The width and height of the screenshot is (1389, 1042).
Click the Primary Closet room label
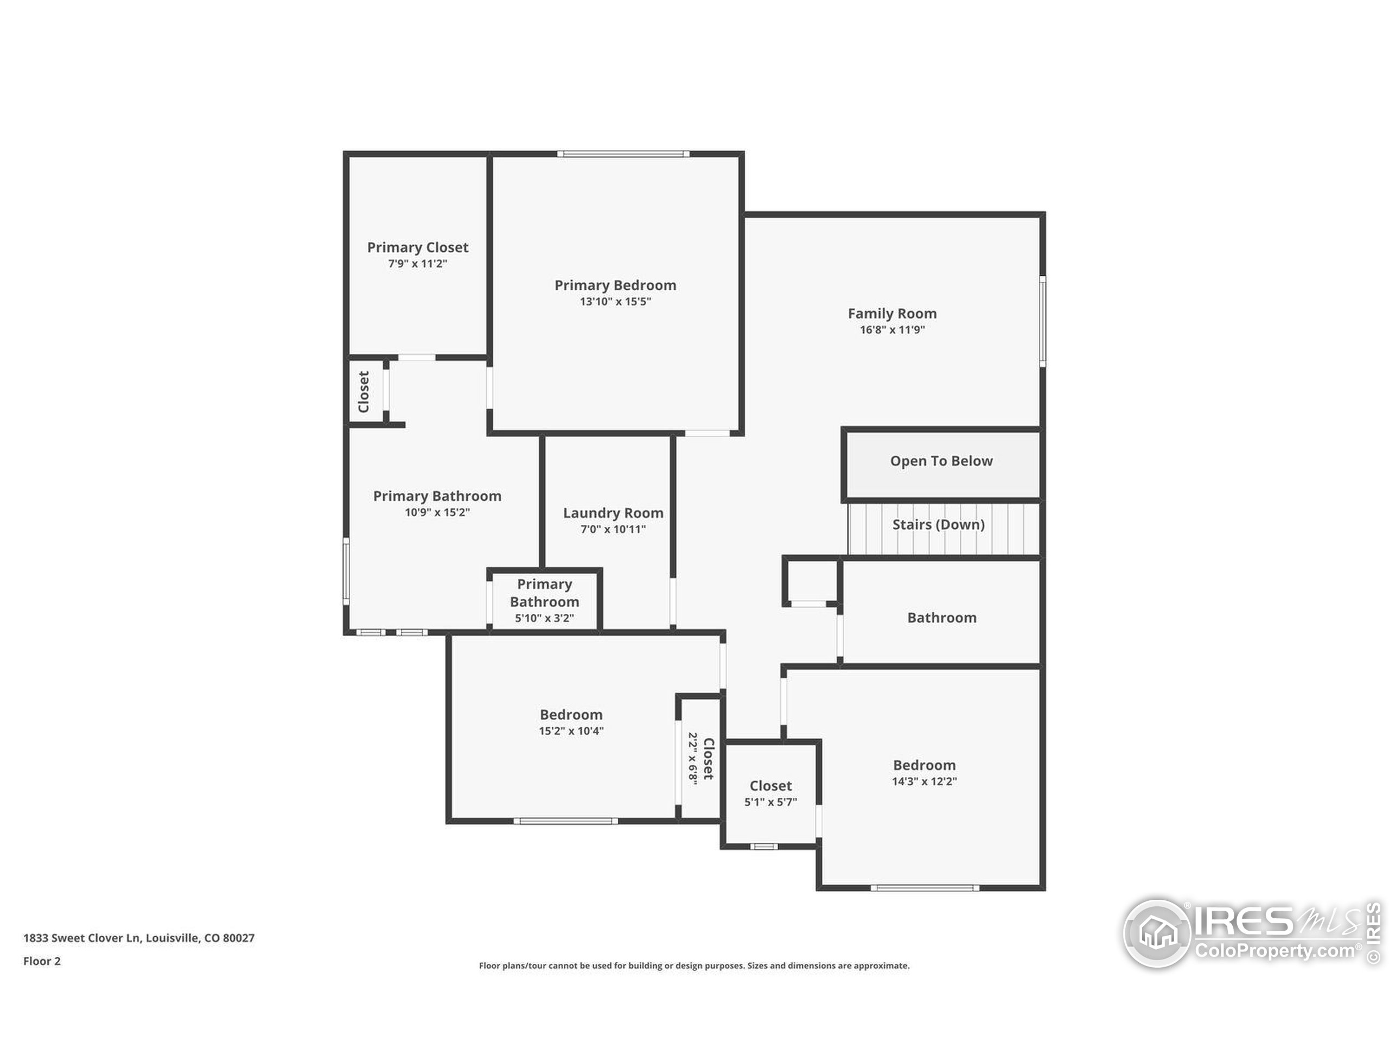[x=418, y=247]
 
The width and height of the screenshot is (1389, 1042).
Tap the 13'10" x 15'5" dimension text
[x=615, y=302]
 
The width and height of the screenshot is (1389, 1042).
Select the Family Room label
[x=891, y=314]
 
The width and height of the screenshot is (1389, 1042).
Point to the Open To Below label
[x=941, y=461]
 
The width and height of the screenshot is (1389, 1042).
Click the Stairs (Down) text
[x=938, y=524]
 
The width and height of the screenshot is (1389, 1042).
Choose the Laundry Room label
[x=613, y=513]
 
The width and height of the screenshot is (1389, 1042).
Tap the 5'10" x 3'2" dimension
[x=544, y=618]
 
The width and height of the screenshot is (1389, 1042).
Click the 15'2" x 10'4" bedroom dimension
[x=571, y=730]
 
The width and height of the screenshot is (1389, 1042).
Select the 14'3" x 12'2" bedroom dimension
[x=923, y=781]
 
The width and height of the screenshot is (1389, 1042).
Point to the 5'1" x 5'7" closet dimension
[x=770, y=802]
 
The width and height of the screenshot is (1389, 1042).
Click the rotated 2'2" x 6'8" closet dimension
[x=693, y=758]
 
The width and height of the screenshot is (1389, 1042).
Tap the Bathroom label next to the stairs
[x=941, y=618]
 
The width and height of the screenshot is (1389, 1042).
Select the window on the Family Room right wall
[x=1042, y=321]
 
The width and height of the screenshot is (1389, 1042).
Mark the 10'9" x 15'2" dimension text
[x=437, y=512]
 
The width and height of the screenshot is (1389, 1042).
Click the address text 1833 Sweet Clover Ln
[x=139, y=938]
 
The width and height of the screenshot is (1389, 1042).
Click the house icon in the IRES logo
[x=1157, y=933]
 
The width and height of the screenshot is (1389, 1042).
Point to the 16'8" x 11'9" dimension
[x=891, y=330]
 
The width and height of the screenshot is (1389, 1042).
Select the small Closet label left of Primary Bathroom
[x=364, y=391]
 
